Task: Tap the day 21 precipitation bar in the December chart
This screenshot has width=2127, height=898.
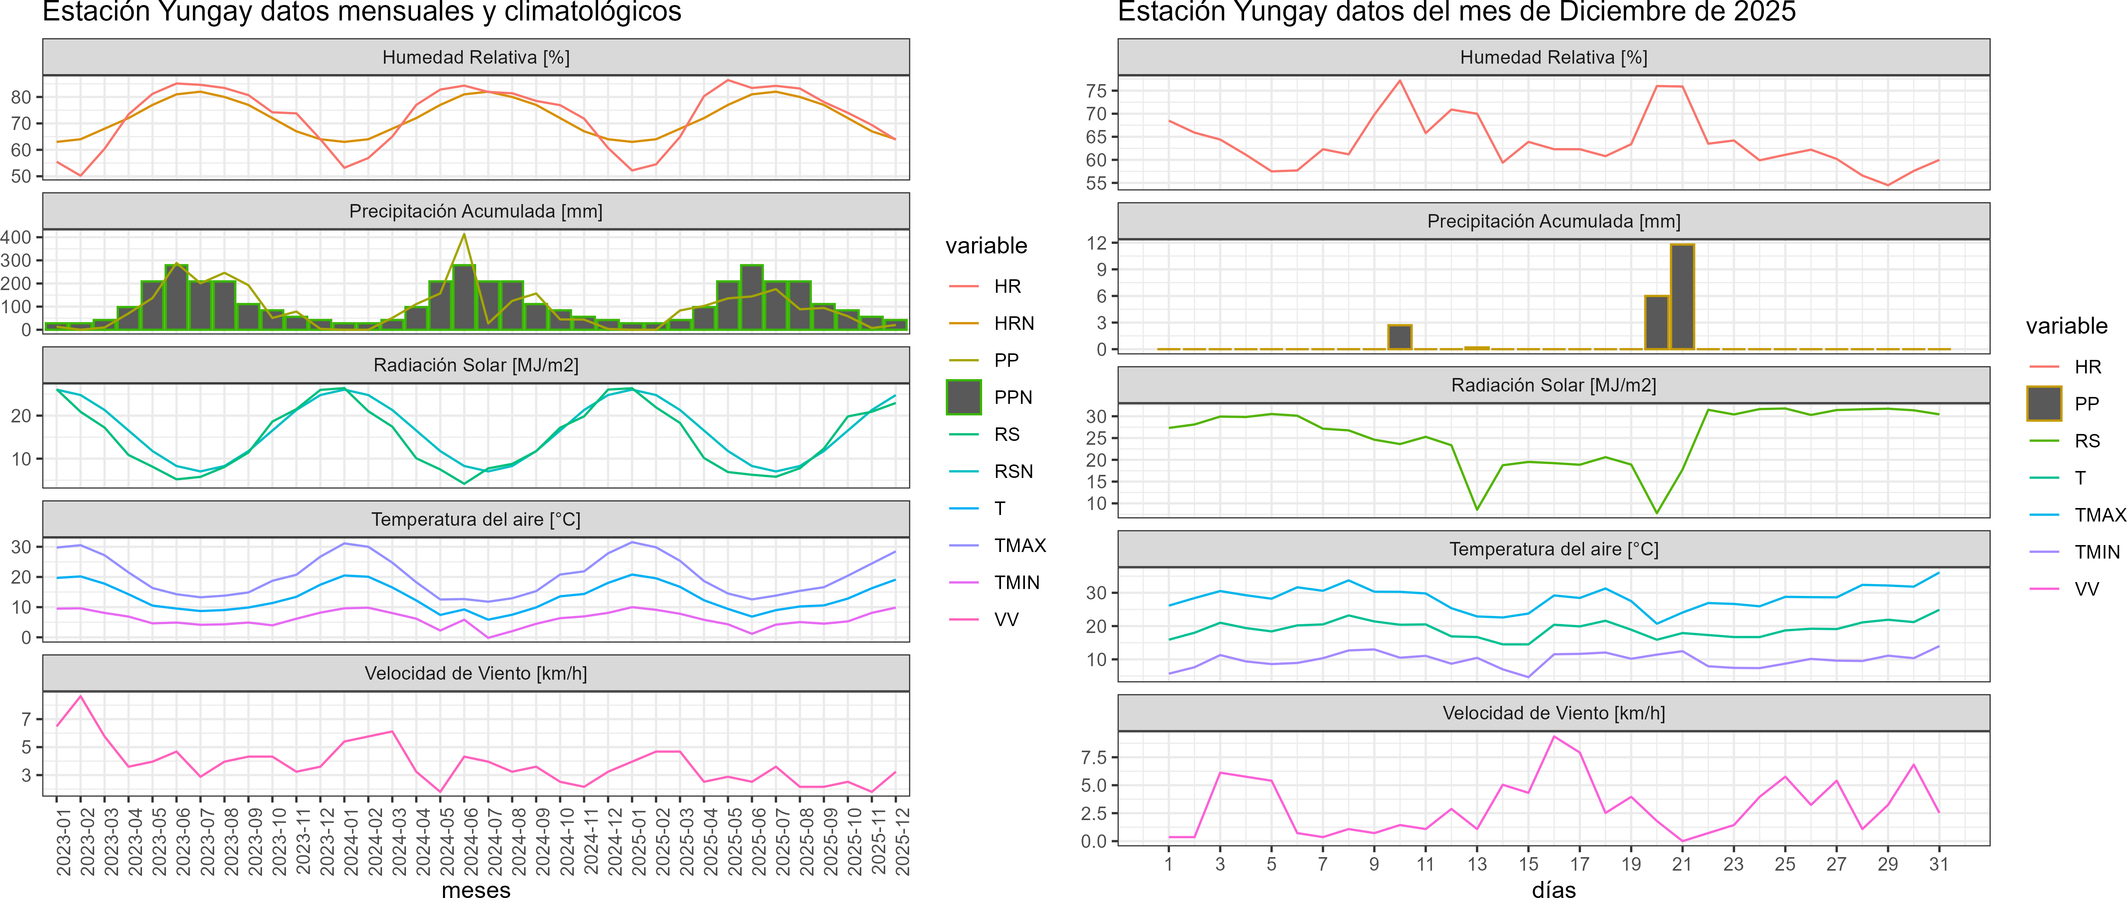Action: [x=1682, y=297]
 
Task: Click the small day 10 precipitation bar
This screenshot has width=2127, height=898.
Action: [x=1400, y=337]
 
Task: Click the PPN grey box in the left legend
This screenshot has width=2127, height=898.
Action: [x=964, y=397]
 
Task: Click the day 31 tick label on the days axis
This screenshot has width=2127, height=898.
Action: [x=1938, y=864]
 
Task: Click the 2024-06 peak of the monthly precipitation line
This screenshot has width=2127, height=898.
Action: [x=464, y=235]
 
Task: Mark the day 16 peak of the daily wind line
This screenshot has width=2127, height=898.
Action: [x=1554, y=736]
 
